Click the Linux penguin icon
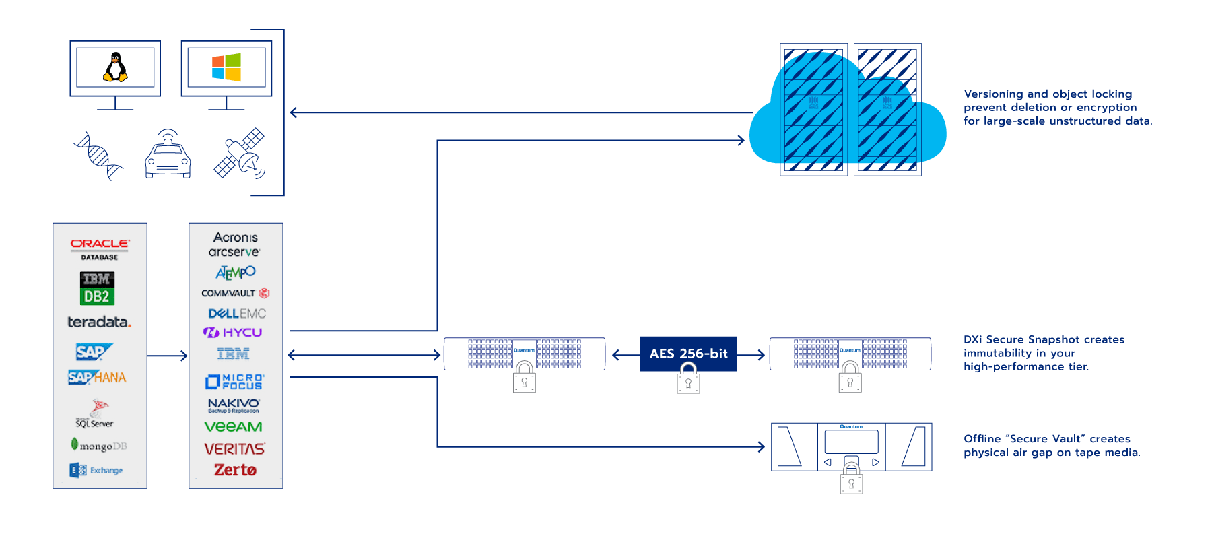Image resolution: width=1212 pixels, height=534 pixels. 115,67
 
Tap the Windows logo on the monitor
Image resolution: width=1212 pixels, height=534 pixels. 226,67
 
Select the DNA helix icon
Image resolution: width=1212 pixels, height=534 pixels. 98,156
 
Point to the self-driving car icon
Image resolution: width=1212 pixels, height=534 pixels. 168,154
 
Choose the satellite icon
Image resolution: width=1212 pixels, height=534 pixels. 240,154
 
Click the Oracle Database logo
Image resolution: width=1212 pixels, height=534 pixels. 100,248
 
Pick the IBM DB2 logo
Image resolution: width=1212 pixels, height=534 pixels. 97,288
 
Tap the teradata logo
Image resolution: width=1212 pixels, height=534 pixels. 99,322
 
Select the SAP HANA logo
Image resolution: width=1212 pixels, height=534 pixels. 97,377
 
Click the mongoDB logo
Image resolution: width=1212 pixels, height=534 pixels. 99,446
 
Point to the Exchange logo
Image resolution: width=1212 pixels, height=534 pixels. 96,470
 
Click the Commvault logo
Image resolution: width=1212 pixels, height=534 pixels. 235,293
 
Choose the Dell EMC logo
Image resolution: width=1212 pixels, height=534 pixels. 237,314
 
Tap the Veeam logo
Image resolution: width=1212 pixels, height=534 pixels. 234,427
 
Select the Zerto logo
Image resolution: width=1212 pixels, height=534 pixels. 235,470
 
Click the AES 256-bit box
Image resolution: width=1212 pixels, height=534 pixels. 688,354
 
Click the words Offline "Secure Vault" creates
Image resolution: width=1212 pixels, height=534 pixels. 1046,439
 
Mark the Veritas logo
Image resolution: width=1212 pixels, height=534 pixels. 234,449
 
